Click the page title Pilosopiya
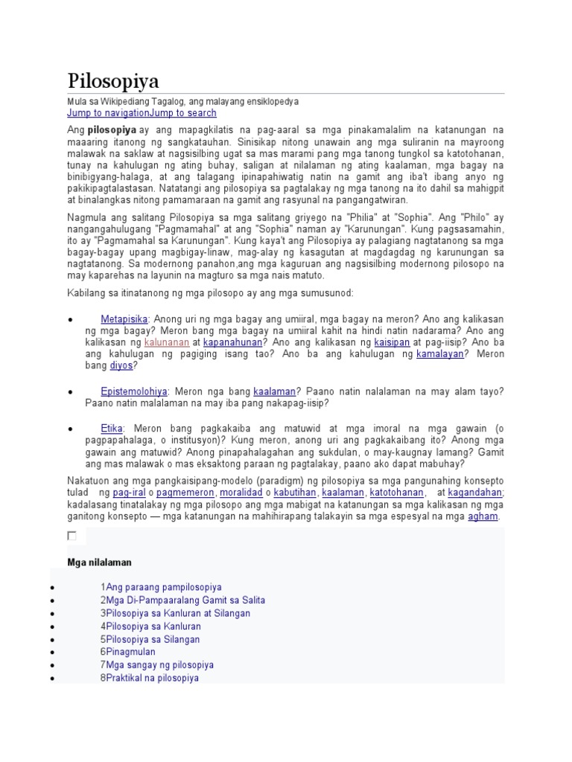pyautogui.click(x=113, y=80)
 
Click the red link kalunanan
pyautogui.click(x=166, y=342)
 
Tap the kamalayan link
pyautogui.click(x=439, y=354)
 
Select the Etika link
pyautogui.click(x=112, y=429)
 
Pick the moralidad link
pyautogui.click(x=242, y=493)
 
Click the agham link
pyautogui.click(x=483, y=516)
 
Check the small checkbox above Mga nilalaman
pyautogui.click(x=71, y=536)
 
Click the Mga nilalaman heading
pyautogui.click(x=99, y=562)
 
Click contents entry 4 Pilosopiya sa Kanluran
pyautogui.click(x=150, y=626)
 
